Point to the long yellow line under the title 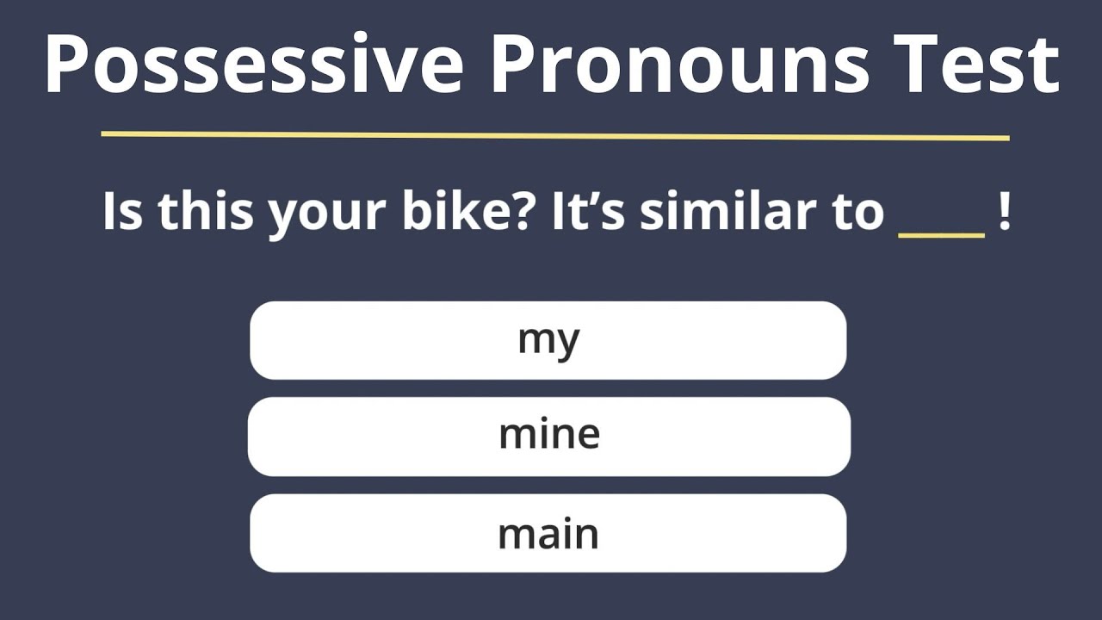554,135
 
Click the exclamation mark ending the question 1004,212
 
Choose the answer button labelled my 548,340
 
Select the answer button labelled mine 548,436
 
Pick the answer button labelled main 548,533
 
